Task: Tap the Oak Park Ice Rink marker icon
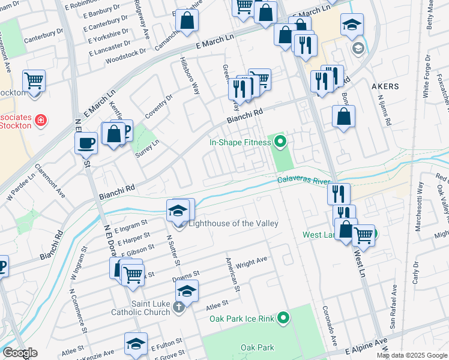click(x=284, y=317)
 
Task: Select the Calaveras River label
click(x=304, y=180)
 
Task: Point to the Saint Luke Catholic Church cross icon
click(x=178, y=308)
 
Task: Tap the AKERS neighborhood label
click(x=385, y=86)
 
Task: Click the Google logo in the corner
click(x=20, y=353)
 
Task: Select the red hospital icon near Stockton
click(x=41, y=121)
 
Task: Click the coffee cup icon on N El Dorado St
click(x=86, y=143)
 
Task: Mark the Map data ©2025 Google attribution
click(x=412, y=355)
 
